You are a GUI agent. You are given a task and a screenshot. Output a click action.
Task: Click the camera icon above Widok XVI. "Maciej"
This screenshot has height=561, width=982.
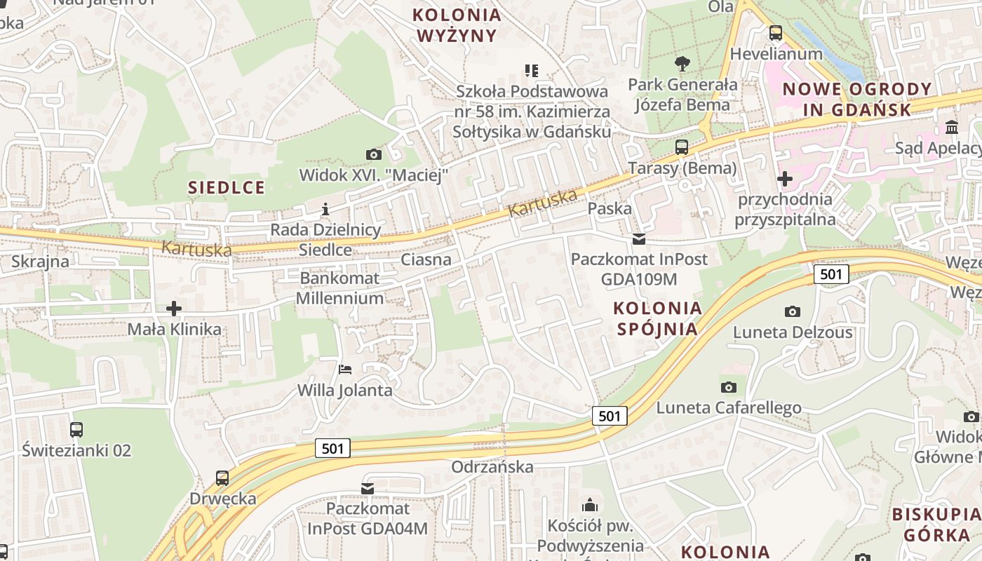pos(374,154)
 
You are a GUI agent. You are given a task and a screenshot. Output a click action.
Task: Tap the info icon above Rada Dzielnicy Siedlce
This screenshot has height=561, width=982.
pos(325,209)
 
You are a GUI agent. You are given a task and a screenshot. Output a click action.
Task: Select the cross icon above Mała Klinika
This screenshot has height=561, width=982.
pos(174,308)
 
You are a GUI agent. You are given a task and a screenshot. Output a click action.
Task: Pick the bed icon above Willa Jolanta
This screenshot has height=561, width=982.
pos(344,369)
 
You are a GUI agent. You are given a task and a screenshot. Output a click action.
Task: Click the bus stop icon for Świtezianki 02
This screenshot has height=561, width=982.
pos(76,429)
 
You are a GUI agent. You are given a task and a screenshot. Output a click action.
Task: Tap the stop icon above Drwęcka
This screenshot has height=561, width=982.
pos(222,478)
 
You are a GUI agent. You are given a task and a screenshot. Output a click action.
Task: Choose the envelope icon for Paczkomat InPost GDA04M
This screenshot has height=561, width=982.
pos(368,488)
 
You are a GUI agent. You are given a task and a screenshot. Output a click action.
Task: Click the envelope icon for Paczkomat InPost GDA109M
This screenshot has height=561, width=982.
pos(638,239)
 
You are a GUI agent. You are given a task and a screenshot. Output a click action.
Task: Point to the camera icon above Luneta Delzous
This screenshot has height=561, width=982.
pos(793,311)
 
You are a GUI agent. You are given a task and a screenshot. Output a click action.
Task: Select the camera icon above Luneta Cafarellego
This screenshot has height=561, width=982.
pos(729,386)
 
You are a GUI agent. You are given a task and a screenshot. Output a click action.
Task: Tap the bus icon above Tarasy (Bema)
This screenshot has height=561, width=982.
pos(682,147)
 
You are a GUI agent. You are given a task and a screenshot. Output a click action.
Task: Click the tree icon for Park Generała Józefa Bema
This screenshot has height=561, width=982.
pos(682,64)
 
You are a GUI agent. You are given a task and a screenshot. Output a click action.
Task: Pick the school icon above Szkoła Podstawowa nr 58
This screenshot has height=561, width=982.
pos(532,71)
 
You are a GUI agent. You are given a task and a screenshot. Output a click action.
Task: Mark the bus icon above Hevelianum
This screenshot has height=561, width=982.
pos(776,33)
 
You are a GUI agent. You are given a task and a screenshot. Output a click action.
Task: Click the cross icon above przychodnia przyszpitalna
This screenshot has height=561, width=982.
pos(785,179)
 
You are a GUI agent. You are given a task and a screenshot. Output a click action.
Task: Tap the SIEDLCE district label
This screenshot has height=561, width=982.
pos(227,187)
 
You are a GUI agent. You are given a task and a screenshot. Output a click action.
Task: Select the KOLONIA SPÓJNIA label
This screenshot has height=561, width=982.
pos(657,318)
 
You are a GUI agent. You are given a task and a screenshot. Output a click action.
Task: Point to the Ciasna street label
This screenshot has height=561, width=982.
pos(426,260)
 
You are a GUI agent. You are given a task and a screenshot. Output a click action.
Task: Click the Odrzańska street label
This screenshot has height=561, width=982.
pos(492,467)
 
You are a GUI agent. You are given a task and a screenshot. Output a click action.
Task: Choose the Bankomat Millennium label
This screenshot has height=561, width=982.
pos(340,288)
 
